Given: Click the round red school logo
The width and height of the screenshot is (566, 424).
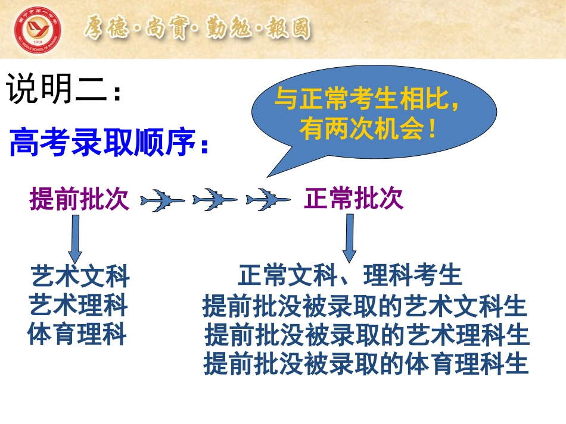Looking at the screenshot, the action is pyautogui.click(x=38, y=30).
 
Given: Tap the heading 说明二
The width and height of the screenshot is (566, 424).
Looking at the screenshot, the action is pyautogui.click(x=57, y=88).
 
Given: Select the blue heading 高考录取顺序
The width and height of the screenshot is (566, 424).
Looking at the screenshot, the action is pyautogui.click(x=103, y=142).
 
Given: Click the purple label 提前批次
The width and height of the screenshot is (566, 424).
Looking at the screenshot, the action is pyautogui.click(x=79, y=198).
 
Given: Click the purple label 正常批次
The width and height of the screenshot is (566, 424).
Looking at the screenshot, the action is pyautogui.click(x=354, y=198).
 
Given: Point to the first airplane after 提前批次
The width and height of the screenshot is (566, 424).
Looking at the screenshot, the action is pyautogui.click(x=163, y=200).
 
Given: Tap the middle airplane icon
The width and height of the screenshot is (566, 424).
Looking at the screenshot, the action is pyautogui.click(x=214, y=199).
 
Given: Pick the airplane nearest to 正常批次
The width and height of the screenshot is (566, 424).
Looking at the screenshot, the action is pyautogui.click(x=268, y=199).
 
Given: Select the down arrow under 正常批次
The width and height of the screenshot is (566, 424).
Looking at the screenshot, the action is pyautogui.click(x=349, y=238).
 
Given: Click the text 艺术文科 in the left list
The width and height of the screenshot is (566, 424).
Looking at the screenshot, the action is pyautogui.click(x=80, y=276).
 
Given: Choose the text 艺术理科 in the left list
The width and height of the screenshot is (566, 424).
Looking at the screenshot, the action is pyautogui.click(x=78, y=304).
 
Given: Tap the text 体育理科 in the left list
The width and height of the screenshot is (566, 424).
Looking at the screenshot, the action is pyautogui.click(x=76, y=334).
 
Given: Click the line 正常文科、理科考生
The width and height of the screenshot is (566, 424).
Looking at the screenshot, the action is pyautogui.click(x=350, y=275).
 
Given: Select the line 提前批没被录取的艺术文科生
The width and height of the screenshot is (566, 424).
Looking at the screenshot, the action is pyautogui.click(x=365, y=306).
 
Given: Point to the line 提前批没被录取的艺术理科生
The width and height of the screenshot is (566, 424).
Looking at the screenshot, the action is pyautogui.click(x=367, y=335).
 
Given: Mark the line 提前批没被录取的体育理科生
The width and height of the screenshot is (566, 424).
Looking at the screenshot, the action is pyautogui.click(x=366, y=363).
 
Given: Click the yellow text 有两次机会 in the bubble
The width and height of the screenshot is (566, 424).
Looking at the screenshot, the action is pyautogui.click(x=361, y=129).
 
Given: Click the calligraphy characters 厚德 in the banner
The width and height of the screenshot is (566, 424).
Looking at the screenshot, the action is pyautogui.click(x=106, y=28).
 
